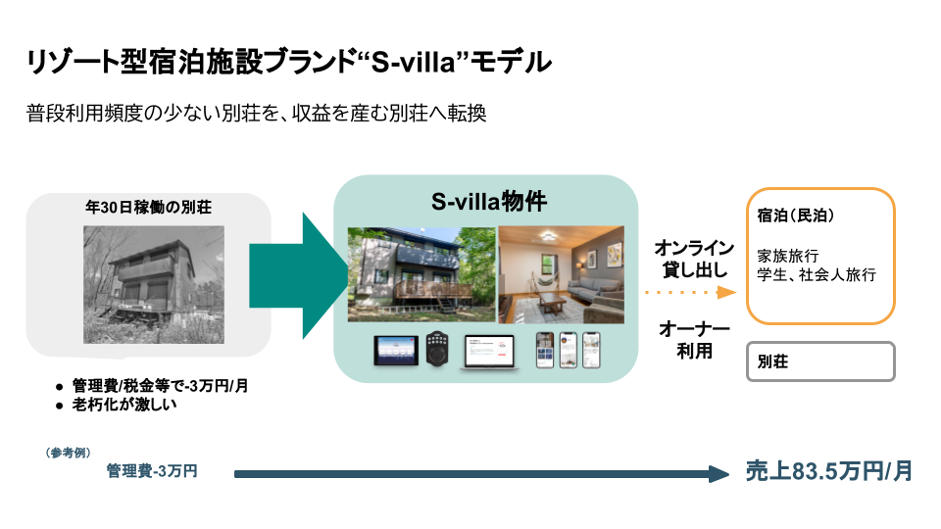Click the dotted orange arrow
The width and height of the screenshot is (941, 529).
pyautogui.click(x=691, y=292)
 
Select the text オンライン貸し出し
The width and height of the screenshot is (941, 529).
pyautogui.click(x=694, y=258)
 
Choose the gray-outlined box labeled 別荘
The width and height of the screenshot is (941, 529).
pyautogui.click(x=820, y=361)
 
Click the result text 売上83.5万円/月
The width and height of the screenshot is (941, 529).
pyautogui.click(x=829, y=471)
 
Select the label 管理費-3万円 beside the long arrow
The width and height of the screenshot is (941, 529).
pyautogui.click(x=152, y=472)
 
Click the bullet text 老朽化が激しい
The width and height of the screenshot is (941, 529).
pyautogui.click(x=124, y=405)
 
